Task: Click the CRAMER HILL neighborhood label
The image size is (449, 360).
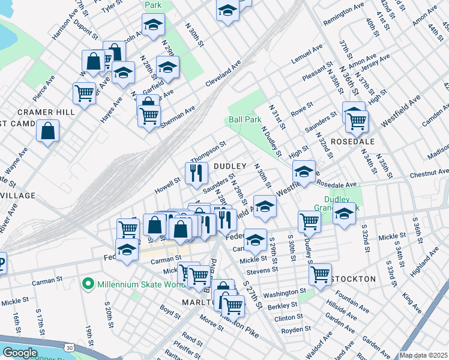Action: [46, 112]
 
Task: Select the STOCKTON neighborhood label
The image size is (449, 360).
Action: [353, 279]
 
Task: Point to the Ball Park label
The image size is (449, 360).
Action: [244, 119]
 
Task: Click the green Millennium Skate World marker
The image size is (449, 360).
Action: [89, 282]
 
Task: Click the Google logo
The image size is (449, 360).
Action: [20, 353]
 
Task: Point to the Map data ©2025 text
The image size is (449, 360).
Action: [423, 355]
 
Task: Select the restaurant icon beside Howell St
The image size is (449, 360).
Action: [196, 173]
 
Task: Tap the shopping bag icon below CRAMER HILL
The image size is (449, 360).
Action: [47, 131]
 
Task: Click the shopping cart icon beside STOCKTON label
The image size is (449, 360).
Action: [321, 274]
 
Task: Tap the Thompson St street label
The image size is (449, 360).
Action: [208, 151]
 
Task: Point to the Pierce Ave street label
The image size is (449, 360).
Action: [44, 88]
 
